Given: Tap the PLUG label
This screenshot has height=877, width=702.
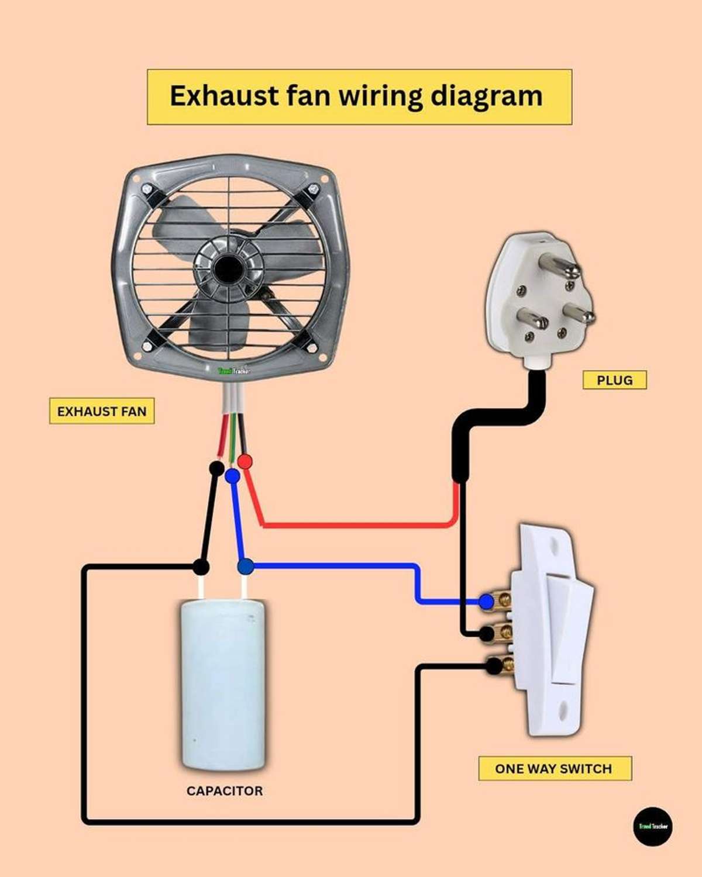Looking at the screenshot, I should click(x=614, y=380).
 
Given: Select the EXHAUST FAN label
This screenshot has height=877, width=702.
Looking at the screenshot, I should click(x=102, y=412).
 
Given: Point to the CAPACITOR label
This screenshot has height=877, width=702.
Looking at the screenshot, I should click(x=225, y=791).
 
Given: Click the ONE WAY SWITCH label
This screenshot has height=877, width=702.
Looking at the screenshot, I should click(x=553, y=768).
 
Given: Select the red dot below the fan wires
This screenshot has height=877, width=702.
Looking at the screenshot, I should click(x=246, y=461).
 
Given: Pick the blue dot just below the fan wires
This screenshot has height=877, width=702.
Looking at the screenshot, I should click(x=232, y=477).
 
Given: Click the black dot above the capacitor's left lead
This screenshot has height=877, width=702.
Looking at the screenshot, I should click(x=201, y=567).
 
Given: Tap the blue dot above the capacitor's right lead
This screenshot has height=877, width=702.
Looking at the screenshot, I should click(x=246, y=566).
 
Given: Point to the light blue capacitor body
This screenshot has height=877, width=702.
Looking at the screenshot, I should click(x=223, y=684).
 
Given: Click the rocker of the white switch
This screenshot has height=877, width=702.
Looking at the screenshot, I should click(x=566, y=629).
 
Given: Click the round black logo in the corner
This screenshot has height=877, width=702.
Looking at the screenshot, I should click(x=653, y=826).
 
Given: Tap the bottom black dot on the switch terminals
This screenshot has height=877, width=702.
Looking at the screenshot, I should click(x=494, y=665).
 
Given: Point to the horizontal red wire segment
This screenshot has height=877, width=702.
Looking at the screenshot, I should click(x=357, y=525).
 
